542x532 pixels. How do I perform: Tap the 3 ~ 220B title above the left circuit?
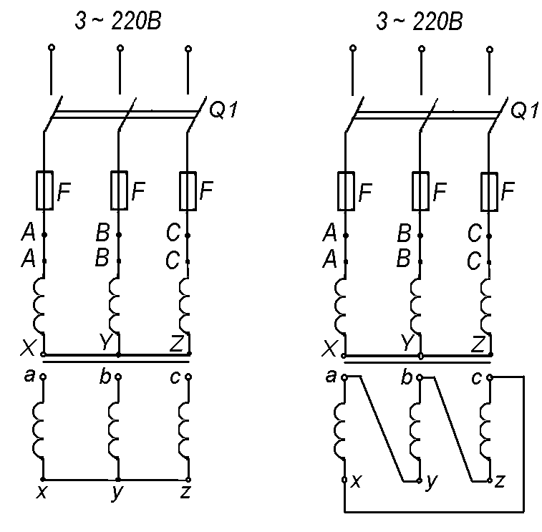pyautogui.click(x=118, y=22)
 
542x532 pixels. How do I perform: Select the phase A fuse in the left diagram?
pyautogui.click(x=45, y=190)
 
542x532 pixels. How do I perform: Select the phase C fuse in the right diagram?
pyautogui.click(x=490, y=190)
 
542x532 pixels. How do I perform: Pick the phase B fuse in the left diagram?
pyautogui.click(x=119, y=190)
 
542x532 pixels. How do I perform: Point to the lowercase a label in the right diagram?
pyautogui.click(x=331, y=374)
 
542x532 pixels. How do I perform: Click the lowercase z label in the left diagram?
pyautogui.click(x=187, y=493)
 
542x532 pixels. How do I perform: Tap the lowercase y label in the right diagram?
pyautogui.click(x=430, y=483)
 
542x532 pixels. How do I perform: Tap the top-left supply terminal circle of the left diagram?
pyautogui.click(x=52, y=49)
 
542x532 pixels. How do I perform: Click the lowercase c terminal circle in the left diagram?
pyautogui.click(x=188, y=376)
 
